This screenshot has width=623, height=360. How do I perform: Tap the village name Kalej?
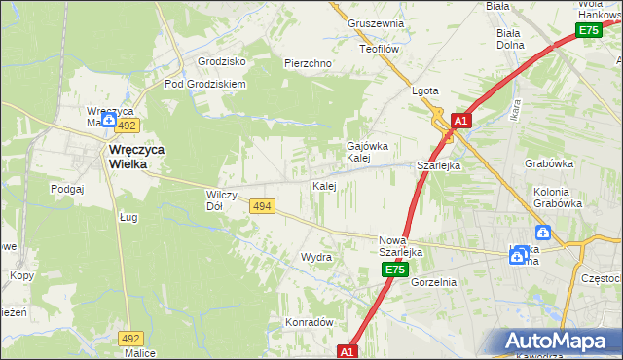pos(324,185)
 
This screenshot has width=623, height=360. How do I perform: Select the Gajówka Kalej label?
pos(359,152)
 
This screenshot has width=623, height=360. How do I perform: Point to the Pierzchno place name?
pos(308,63)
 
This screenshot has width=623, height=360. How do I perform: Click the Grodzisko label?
pos(221,61)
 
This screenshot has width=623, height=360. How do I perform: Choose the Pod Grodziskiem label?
pos(205,84)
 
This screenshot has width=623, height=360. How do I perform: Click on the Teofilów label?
pos(381,48)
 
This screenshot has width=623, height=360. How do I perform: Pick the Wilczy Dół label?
pos(215,200)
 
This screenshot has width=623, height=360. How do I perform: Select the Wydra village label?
pos(316,258)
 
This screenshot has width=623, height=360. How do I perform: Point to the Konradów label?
pos(310,322)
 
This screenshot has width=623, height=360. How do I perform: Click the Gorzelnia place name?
pos(433,282)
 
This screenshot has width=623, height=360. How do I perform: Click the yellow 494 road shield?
pos(261,206)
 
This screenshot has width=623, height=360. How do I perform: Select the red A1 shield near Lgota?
pos(461,121)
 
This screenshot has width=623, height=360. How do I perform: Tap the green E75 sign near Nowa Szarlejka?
pos(393,270)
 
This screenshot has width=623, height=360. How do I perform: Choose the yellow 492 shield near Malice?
pos(131,338)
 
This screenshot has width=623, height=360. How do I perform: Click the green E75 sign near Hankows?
pos(589,31)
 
